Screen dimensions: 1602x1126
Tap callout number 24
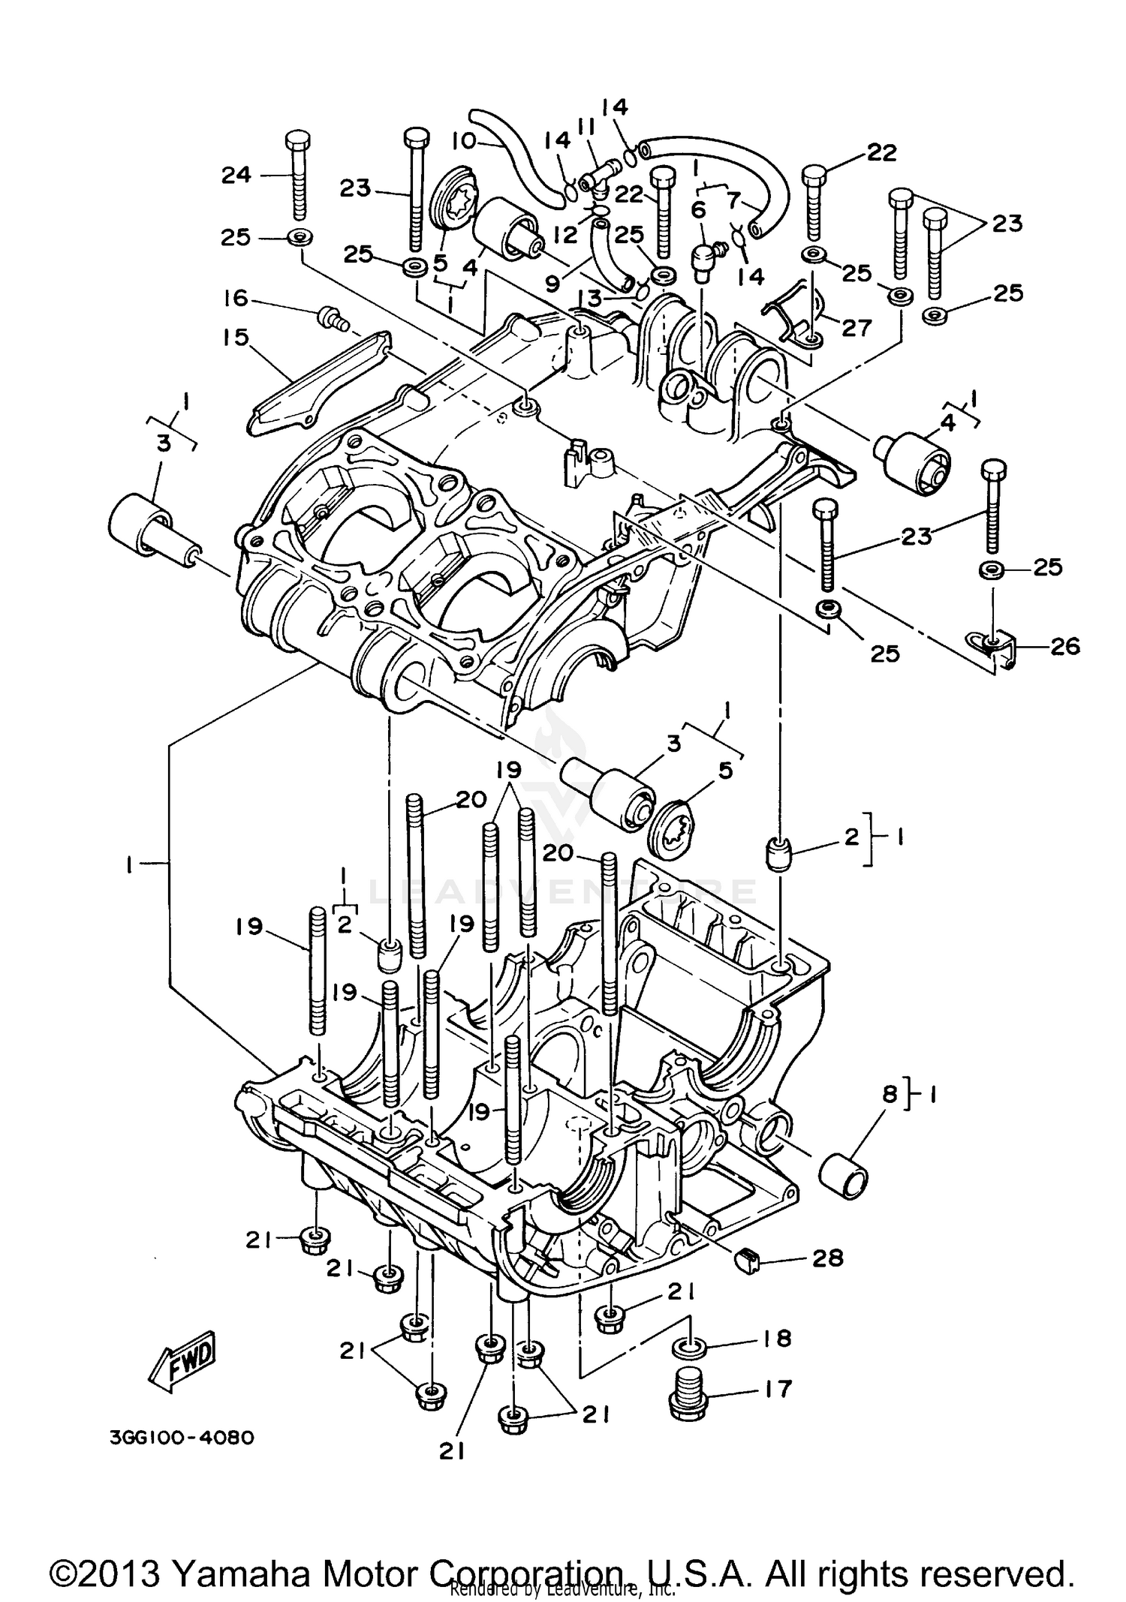click(236, 175)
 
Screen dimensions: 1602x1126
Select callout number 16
click(236, 299)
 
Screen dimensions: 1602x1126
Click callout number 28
click(828, 1258)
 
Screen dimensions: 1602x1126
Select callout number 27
click(857, 327)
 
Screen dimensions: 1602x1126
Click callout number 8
click(890, 1094)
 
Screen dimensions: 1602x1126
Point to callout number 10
click(464, 140)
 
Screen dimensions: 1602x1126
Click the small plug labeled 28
click(745, 1261)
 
